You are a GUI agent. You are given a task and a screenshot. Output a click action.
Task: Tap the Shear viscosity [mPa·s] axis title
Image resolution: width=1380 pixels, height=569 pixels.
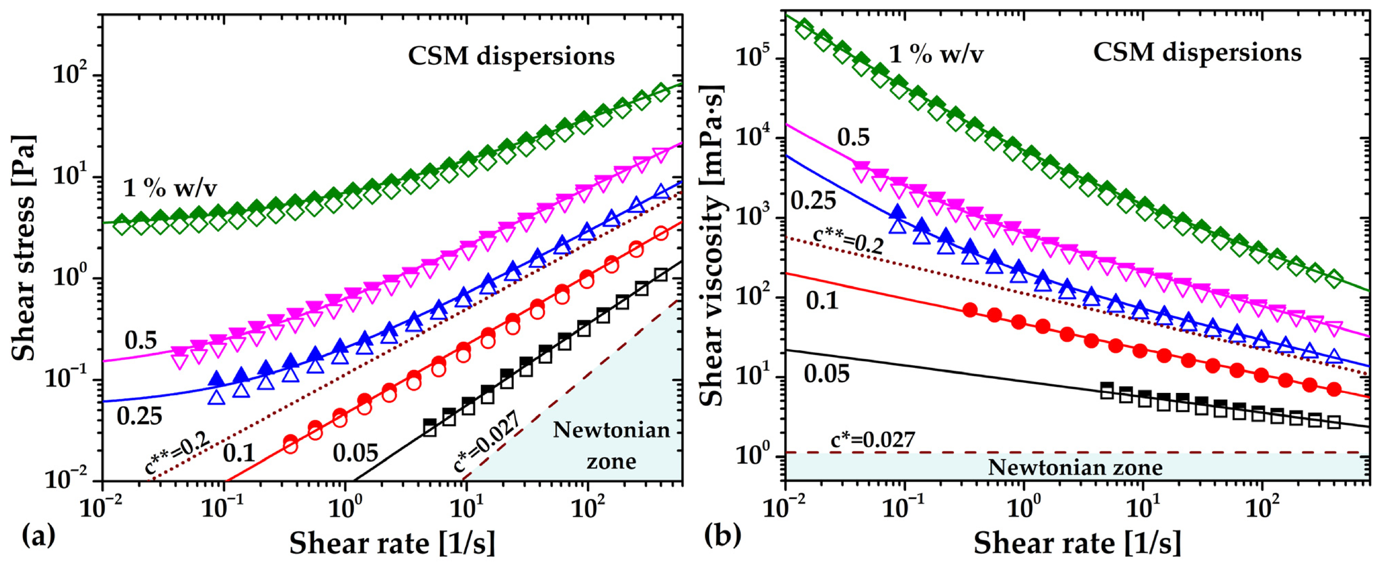[x=712, y=246]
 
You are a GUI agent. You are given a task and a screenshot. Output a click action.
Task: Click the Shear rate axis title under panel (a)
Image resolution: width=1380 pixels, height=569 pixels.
[x=392, y=544]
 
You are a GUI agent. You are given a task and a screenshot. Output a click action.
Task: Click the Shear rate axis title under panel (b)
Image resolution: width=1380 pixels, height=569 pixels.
[x=1077, y=544]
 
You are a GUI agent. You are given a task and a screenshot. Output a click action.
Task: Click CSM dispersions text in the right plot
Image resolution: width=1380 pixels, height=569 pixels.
[x=1197, y=53]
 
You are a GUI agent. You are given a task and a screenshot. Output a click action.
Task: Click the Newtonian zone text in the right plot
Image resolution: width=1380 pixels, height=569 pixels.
[x=1075, y=468]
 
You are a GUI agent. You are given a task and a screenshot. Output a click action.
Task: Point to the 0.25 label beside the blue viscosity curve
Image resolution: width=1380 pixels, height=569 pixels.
[x=813, y=201]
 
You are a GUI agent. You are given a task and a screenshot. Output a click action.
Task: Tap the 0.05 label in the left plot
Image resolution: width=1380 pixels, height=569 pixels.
[x=356, y=453]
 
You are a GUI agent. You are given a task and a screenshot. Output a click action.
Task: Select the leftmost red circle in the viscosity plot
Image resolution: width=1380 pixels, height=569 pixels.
[x=969, y=310]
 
